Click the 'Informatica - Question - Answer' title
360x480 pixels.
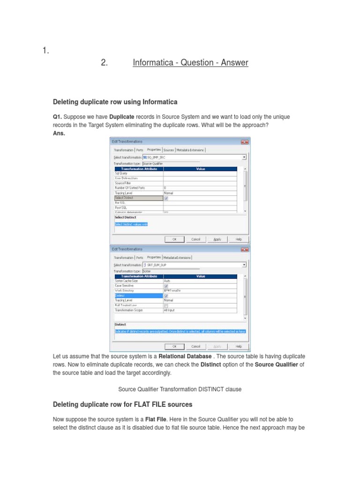point(190,62)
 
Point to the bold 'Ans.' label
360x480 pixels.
point(59,133)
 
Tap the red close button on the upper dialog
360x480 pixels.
point(244,142)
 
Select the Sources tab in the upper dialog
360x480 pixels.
point(169,150)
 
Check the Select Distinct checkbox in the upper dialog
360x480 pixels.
point(166,198)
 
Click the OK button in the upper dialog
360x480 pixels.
point(174,239)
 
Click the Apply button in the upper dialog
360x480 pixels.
point(217,239)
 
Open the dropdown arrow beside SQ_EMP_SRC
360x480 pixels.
point(244,157)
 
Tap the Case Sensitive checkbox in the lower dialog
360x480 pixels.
point(166,285)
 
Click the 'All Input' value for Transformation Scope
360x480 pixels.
point(169,310)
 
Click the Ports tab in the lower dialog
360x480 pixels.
point(140,257)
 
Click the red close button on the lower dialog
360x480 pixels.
point(244,249)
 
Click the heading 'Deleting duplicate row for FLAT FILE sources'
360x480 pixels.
point(122,404)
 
